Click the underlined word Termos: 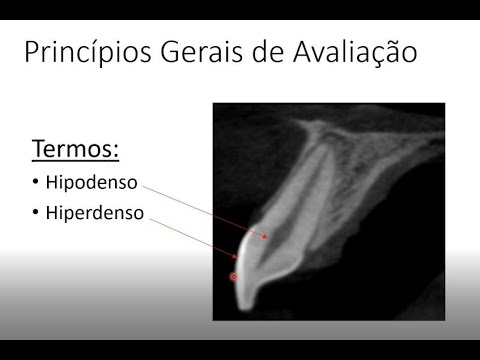coord(76,150)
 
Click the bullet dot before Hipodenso coord(36,183)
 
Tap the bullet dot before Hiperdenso coord(36,213)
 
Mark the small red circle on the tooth coord(235,276)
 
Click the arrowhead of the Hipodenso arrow coord(266,237)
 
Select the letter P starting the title coord(32,52)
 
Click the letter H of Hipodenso coord(52,183)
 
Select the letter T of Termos coord(39,150)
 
